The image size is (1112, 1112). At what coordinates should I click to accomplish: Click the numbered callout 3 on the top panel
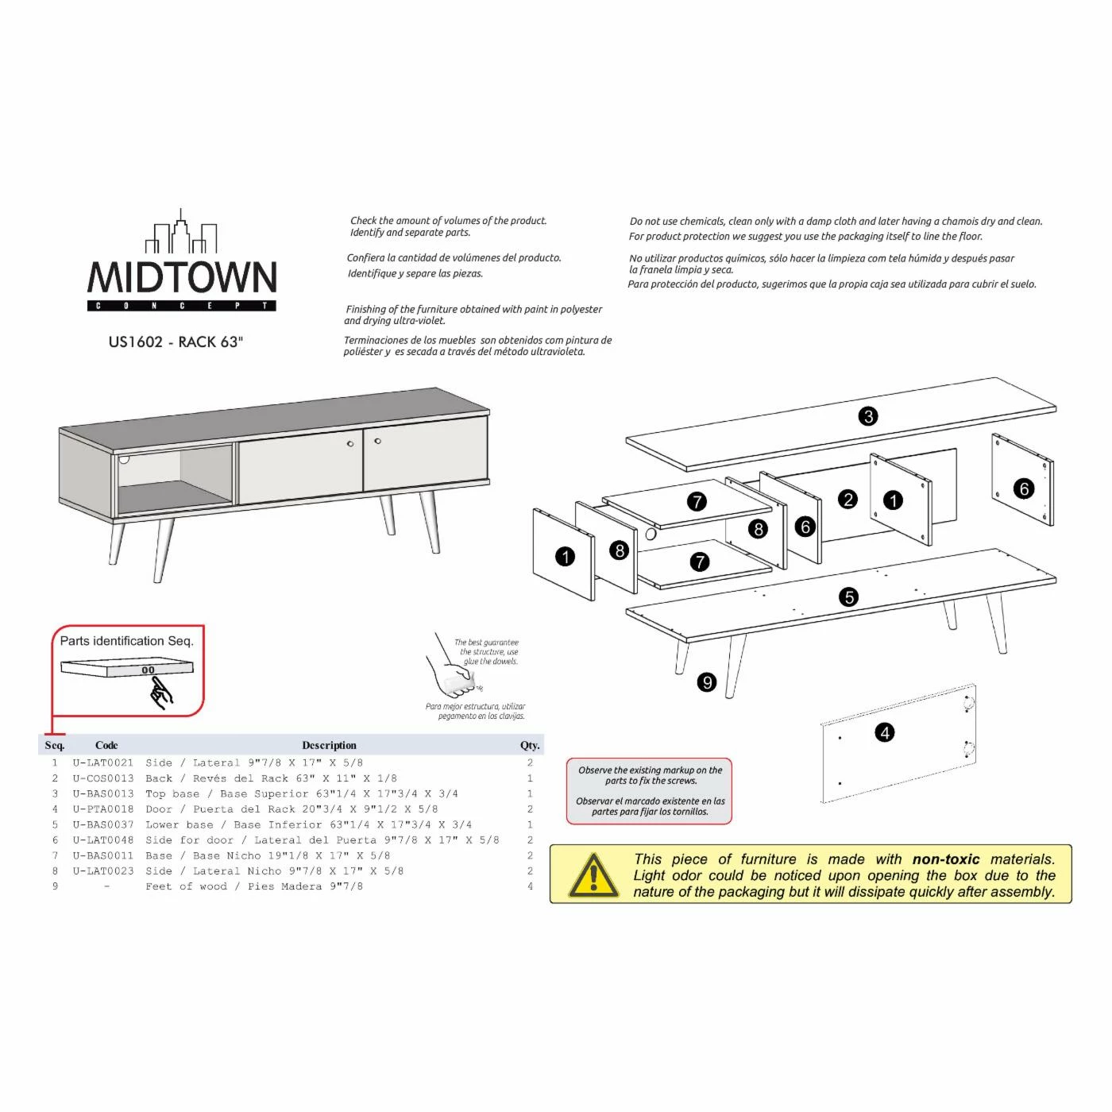[x=868, y=416]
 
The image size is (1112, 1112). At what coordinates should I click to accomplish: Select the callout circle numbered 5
[x=849, y=597]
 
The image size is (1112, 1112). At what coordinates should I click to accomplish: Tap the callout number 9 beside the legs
[x=706, y=682]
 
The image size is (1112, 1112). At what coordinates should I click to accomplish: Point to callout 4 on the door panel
[x=884, y=732]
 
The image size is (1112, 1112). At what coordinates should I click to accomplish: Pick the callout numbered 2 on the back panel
[x=848, y=500]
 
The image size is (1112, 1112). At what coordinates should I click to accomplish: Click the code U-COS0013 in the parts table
[x=103, y=778]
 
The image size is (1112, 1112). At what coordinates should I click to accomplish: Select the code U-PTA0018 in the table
[x=103, y=809]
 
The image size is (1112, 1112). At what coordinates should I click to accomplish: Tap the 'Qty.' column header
[x=530, y=746]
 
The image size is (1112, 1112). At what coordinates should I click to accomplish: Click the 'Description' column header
[x=329, y=746]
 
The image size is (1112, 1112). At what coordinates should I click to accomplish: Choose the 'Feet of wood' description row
[x=254, y=886]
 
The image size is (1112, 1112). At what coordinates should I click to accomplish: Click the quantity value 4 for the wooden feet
[x=530, y=886]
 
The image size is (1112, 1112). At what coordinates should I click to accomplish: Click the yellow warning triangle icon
[x=593, y=875]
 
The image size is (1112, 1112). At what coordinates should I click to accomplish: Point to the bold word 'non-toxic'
[x=945, y=859]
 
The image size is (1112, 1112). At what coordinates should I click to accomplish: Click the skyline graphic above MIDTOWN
[x=182, y=233]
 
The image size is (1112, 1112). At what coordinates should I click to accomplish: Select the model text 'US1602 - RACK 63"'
[x=176, y=342]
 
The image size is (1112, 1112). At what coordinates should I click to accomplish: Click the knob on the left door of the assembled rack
[x=350, y=444]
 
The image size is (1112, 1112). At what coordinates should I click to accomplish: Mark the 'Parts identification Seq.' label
[x=127, y=641]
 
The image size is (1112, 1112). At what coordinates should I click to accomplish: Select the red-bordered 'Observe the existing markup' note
[x=650, y=791]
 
